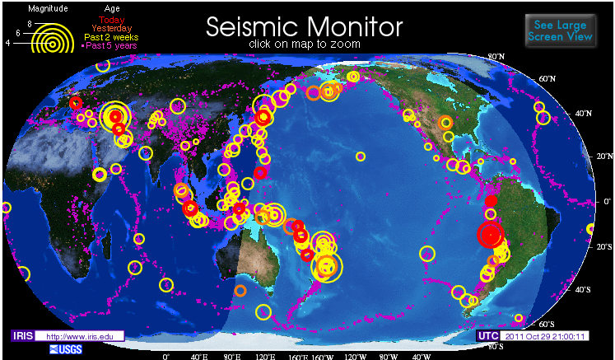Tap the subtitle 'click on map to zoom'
pos(304,44)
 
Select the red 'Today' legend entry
pos(114,18)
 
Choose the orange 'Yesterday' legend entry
pos(114,27)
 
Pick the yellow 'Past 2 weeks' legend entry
pos(114,36)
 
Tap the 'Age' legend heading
pos(112,7)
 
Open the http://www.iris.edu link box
pos(83,336)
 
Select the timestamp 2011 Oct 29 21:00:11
pos(546,336)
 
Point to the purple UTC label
pos(487,336)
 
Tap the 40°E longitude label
pos(198,357)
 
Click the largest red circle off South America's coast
pos(491,236)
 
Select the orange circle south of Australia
pos(240,290)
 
